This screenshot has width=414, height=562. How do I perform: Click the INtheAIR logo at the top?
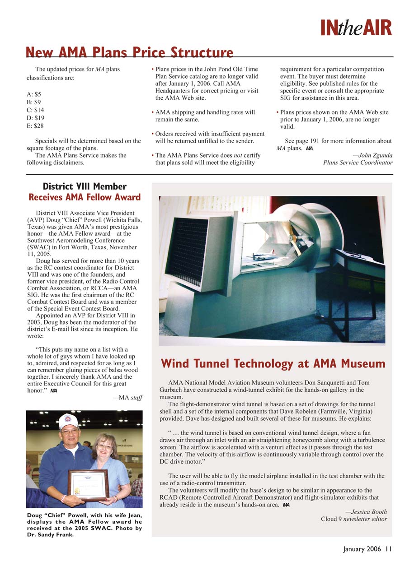pos(356,28)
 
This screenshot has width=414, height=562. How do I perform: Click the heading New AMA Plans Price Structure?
pos(130,52)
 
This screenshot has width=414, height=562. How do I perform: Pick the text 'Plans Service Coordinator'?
pos(358,163)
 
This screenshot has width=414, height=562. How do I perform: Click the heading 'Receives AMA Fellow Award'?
pos(85,197)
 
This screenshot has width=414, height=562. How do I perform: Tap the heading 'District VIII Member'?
pos(85,186)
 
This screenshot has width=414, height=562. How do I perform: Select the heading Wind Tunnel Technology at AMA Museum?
pos(273,363)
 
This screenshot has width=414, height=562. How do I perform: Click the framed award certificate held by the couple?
pos(88,485)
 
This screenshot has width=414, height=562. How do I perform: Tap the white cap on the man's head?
pos(68,421)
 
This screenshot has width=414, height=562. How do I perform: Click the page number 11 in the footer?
pos(388,549)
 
